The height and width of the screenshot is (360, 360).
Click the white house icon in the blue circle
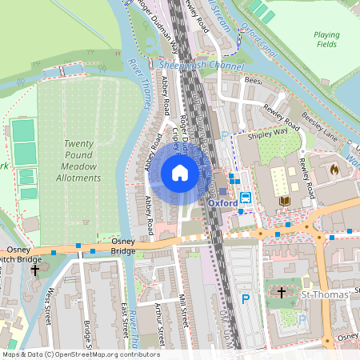tap(180, 173)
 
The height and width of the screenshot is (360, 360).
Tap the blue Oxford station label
tap(222, 203)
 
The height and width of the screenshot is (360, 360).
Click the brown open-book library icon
tap(285, 200)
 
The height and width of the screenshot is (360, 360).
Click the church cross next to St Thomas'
tap(282, 294)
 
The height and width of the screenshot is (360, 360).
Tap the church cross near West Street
tap(35, 270)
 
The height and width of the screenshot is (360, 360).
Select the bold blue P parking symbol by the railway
tap(246, 299)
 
